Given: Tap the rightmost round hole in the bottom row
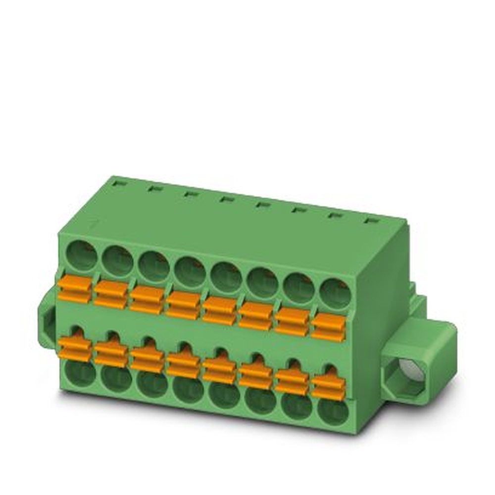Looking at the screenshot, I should [333, 411].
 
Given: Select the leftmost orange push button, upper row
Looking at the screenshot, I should [74, 290].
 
